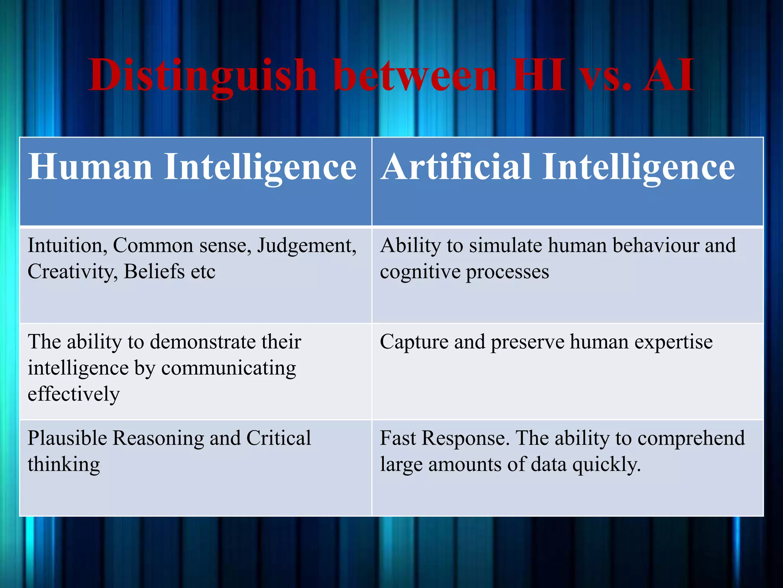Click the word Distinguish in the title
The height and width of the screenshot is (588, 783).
tap(203, 75)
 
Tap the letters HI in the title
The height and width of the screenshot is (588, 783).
tap(539, 75)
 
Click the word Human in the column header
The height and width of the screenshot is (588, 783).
tap(90, 167)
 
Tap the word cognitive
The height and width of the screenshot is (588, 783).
tap(420, 272)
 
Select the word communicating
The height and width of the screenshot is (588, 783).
tap(229, 369)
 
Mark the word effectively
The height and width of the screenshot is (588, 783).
tap(73, 394)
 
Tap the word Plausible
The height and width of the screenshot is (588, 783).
tap(67, 438)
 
